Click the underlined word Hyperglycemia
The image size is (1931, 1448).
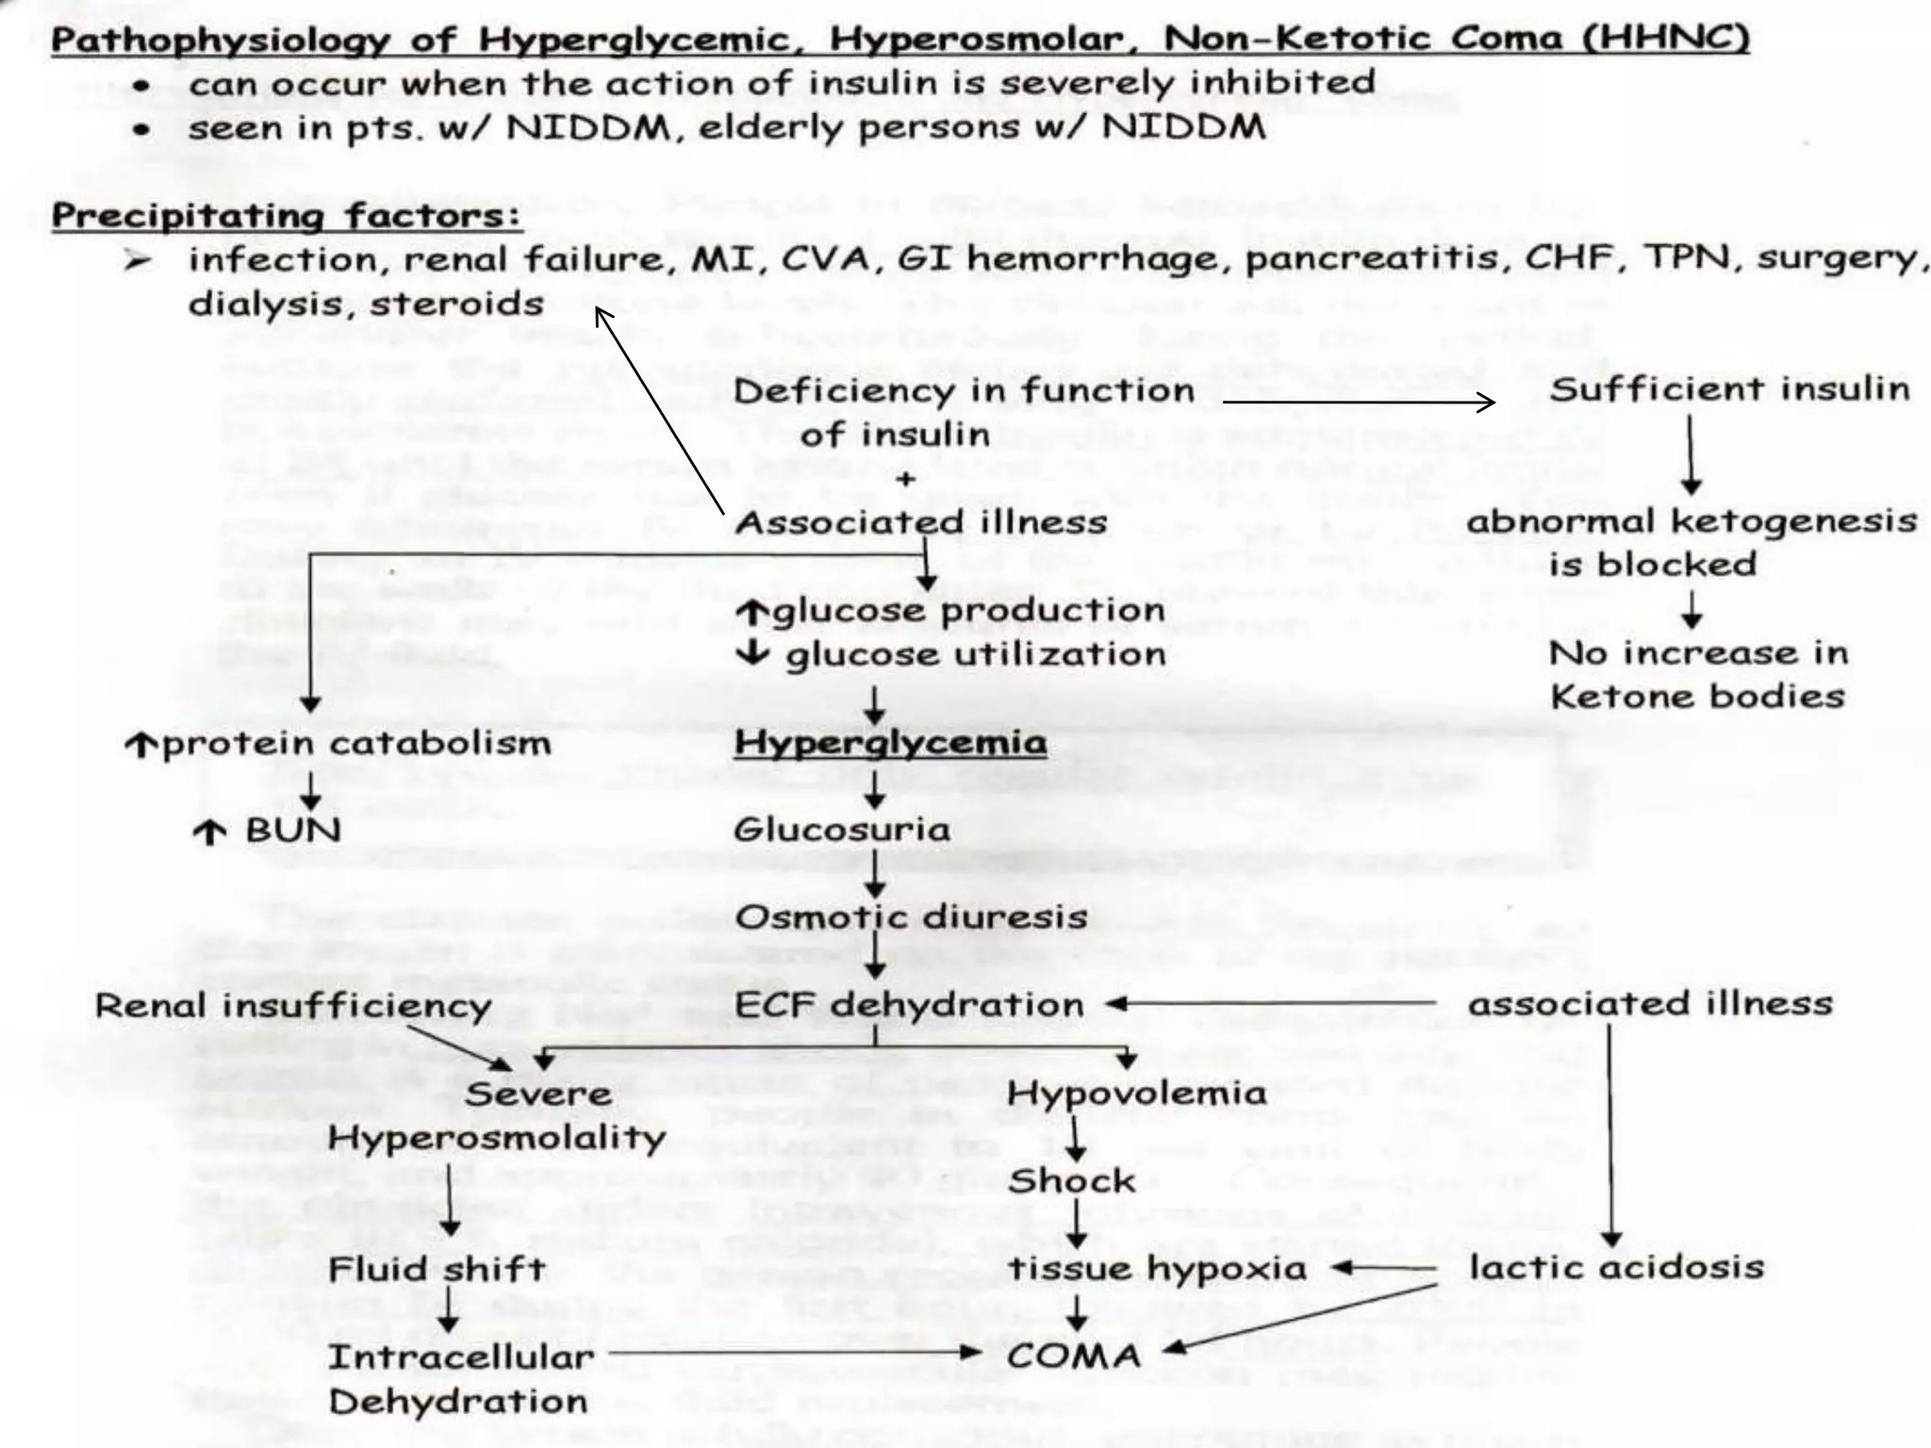pyautogui.click(x=890, y=743)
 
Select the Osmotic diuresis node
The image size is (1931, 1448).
pyautogui.click(x=911, y=917)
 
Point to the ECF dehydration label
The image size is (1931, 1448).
pyautogui.click(x=909, y=1005)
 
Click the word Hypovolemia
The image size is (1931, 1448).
pyautogui.click(x=1137, y=1094)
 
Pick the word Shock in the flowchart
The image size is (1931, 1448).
pyautogui.click(x=1071, y=1180)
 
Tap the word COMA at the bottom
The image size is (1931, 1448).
pyautogui.click(x=1074, y=1357)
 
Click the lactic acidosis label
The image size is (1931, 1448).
pyautogui.click(x=1616, y=1268)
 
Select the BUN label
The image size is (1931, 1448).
pyautogui.click(x=292, y=831)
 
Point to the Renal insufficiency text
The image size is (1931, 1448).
pyautogui.click(x=293, y=1006)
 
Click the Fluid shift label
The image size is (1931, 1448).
pyautogui.click(x=437, y=1269)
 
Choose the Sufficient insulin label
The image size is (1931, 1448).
pyautogui.click(x=1729, y=389)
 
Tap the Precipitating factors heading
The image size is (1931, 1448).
pyautogui.click(x=287, y=216)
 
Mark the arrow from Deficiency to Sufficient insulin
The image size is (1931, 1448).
pyautogui.click(x=1358, y=403)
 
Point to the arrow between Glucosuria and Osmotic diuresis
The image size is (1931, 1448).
pyautogui.click(x=875, y=874)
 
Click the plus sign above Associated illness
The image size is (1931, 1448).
pyautogui.click(x=905, y=479)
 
